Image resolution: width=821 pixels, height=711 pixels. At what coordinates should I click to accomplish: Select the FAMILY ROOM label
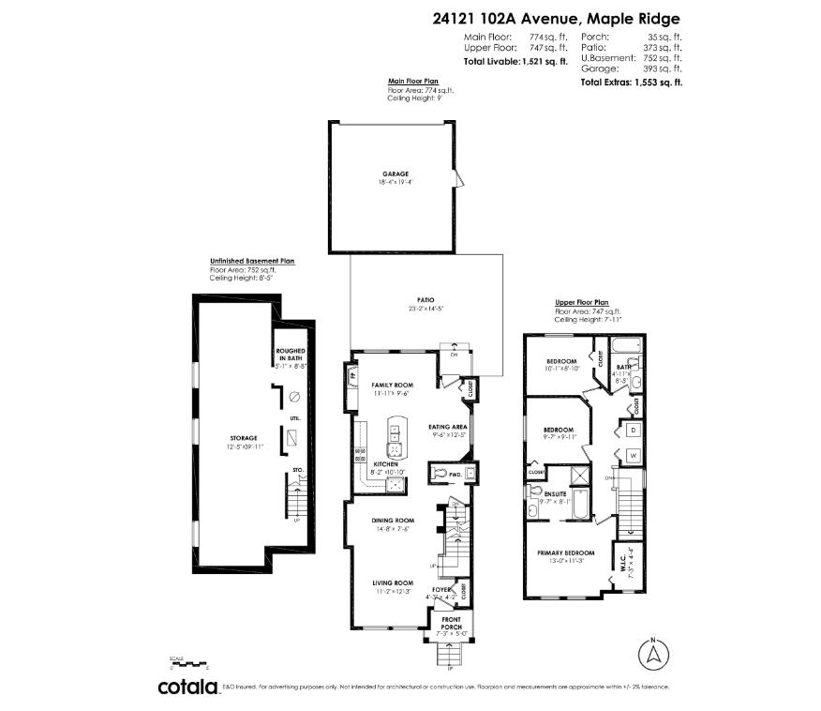tap(392, 386)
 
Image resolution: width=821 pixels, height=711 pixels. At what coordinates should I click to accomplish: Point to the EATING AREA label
tap(447, 427)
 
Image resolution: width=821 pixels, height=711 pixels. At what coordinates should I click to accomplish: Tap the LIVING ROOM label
tap(393, 582)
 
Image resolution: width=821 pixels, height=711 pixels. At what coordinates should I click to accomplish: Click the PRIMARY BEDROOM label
tap(566, 552)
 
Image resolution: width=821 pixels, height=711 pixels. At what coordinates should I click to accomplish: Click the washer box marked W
tap(633, 456)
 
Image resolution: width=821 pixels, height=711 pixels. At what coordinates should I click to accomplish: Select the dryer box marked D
tap(633, 429)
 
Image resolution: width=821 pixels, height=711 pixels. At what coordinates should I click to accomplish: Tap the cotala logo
tap(187, 688)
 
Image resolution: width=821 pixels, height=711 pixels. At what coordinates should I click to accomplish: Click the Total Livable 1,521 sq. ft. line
tap(515, 61)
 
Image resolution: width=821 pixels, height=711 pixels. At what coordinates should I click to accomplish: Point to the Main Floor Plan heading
tap(412, 82)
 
